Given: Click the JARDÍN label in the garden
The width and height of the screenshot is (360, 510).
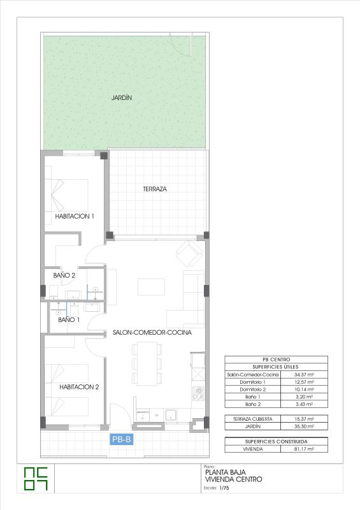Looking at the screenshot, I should tap(121, 98).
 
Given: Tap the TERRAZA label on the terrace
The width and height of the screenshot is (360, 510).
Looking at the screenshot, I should tap(155, 189).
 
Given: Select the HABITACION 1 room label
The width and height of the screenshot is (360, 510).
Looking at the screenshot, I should tap(75, 216).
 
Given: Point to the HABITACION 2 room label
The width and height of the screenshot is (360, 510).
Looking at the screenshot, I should tap(79, 386).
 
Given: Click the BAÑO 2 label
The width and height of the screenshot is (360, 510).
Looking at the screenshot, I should tap(64, 275).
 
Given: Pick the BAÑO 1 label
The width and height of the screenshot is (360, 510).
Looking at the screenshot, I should tap(69, 319).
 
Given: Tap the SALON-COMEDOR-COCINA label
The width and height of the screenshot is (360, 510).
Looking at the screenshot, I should tap(152, 332).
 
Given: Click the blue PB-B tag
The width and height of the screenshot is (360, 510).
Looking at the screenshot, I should tap(121, 439).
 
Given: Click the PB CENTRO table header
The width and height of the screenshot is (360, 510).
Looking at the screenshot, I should tap(276, 360).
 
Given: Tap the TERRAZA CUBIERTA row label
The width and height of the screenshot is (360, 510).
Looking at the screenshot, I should tap(253, 419).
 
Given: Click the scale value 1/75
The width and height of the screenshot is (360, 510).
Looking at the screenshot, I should tap(224, 488).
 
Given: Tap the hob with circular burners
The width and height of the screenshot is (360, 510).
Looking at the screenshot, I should tap(199, 390).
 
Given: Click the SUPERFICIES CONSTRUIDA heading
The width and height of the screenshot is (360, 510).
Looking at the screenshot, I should tap(276, 441).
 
